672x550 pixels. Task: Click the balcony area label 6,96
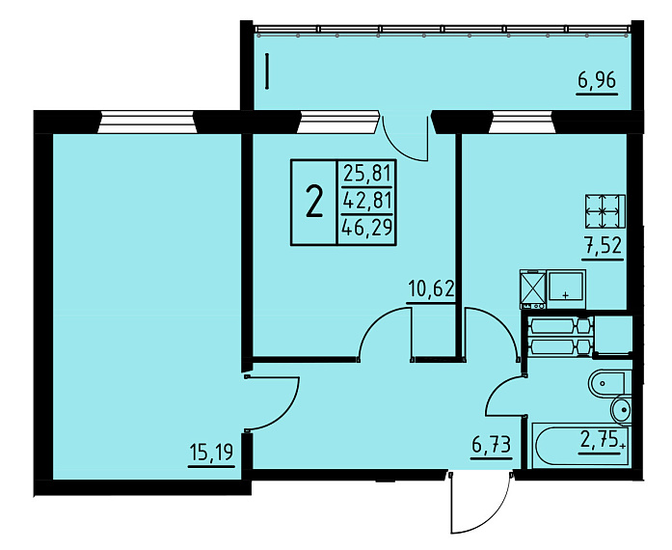597,80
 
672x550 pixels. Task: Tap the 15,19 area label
211,453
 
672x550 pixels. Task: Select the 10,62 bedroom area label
431,289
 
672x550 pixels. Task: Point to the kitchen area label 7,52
603,246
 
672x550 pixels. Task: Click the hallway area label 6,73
491,446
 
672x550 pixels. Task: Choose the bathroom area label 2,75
600,439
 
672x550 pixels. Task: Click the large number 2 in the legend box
314,203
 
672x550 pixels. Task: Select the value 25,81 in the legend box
367,175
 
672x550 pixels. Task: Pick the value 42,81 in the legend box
367,201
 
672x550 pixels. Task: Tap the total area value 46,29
367,228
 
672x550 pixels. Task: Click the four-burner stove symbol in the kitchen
605,211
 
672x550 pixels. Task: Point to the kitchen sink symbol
567,289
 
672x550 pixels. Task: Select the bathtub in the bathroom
581,446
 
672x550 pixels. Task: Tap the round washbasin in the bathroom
621,410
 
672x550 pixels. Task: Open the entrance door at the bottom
481,502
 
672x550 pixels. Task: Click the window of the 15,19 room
147,123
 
